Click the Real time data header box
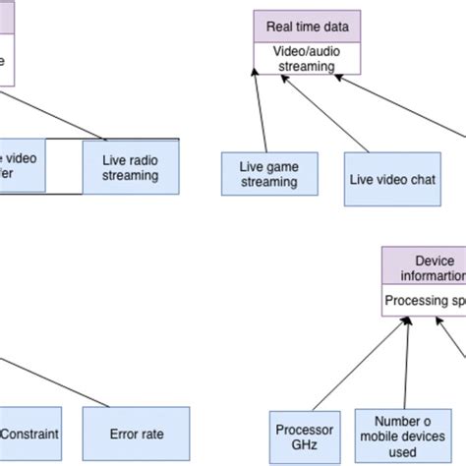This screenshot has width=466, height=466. pyautogui.click(x=308, y=27)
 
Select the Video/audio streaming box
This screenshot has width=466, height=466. pyautogui.click(x=308, y=58)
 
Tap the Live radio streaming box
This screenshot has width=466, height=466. pyautogui.click(x=122, y=167)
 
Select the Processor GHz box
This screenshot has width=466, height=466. pyautogui.click(x=295, y=437)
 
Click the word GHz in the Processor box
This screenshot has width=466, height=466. pyautogui.click(x=295, y=446)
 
